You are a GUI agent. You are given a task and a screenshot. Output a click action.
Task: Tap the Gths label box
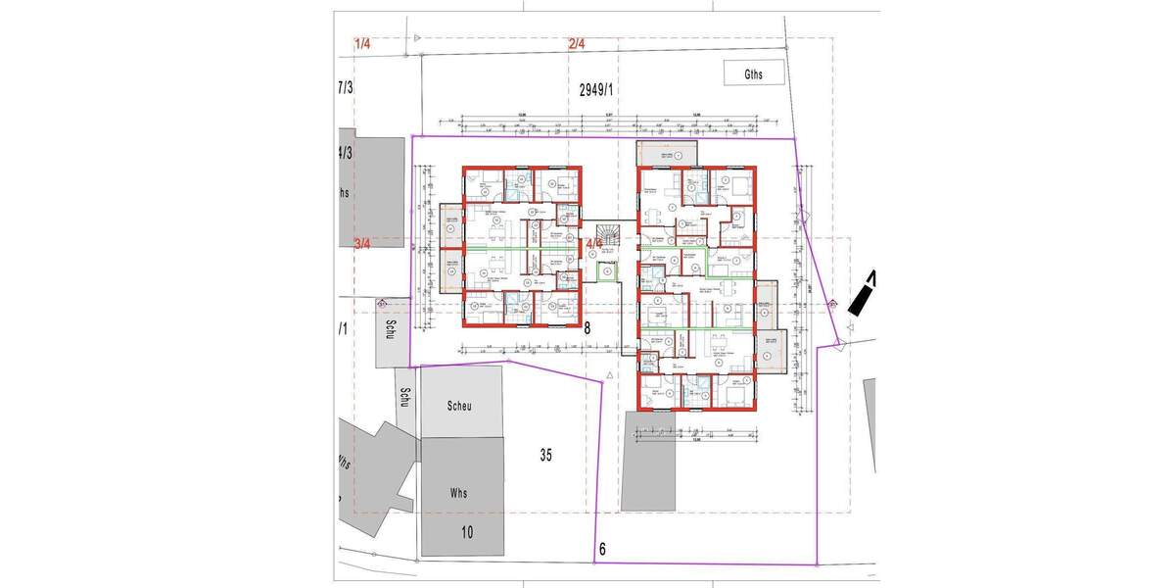(x=752, y=72)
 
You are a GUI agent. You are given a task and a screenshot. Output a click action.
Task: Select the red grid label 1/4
(x=363, y=44)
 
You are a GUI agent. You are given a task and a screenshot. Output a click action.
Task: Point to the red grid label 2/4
(x=576, y=44)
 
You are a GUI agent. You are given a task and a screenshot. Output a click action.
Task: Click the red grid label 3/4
(x=363, y=244)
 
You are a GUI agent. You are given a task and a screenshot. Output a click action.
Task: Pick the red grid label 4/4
(x=594, y=243)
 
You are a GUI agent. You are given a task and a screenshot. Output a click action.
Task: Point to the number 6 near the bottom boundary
(x=601, y=550)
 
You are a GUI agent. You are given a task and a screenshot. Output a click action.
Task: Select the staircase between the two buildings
(x=609, y=233)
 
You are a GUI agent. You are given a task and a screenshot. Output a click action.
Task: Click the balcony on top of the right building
(x=666, y=154)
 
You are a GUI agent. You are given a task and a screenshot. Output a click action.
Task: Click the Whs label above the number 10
(x=459, y=493)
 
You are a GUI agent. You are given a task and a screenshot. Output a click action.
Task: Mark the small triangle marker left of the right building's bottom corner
(x=610, y=375)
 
